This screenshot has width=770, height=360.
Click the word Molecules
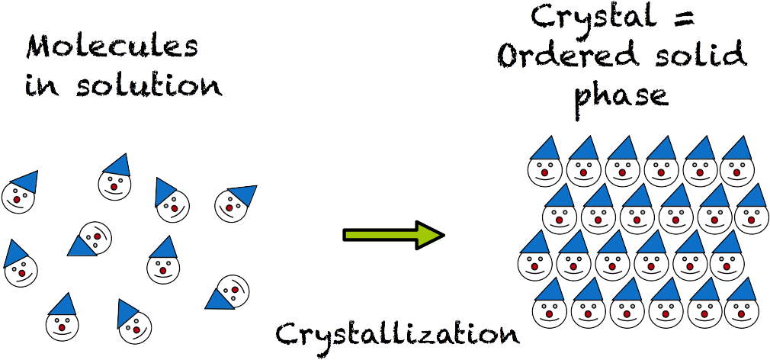[x=112, y=49]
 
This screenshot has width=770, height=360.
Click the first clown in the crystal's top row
[x=546, y=164]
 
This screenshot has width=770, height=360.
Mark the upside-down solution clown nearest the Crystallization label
[x=227, y=292]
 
